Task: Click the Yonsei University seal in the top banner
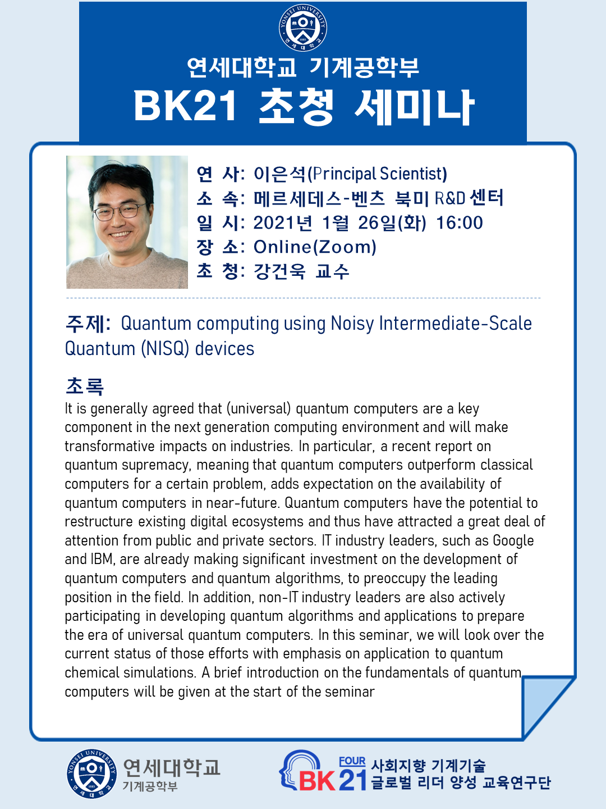coord(303,28)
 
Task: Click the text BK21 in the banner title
coord(185,107)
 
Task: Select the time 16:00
coord(459,223)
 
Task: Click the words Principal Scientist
coord(377,174)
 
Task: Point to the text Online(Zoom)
coord(315,247)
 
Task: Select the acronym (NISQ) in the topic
coord(165,349)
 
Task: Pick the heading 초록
coord(85,387)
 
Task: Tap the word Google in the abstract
coord(513,540)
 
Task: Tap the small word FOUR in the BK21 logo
coord(352,761)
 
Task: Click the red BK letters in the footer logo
coord(317,780)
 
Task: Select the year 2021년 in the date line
coord(283,223)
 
